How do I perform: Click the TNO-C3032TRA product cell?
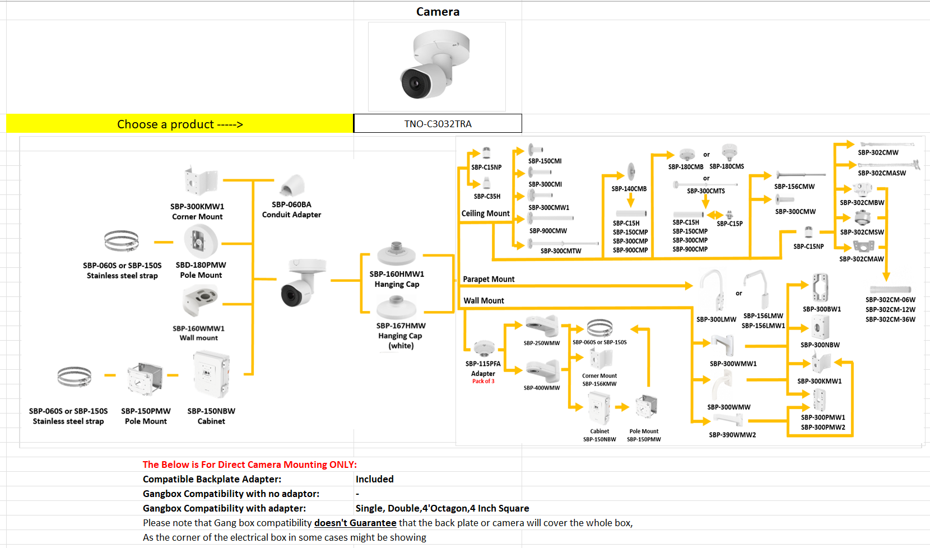pos(438,124)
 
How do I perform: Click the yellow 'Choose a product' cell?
pos(180,124)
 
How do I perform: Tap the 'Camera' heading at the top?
pos(438,12)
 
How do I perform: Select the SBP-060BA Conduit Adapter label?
pos(291,210)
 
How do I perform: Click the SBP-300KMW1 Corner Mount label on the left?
pos(197,211)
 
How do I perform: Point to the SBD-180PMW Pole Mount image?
pos(200,242)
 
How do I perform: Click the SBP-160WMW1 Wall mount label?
pos(198,333)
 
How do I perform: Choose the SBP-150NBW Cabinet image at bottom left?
pos(211,374)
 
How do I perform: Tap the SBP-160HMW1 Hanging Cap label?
pos(397,279)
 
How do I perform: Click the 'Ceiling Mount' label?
pos(485,213)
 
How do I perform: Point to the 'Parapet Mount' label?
pos(489,279)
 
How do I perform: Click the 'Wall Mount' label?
pos(483,301)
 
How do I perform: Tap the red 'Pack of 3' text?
pos(483,382)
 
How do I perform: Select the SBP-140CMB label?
pos(629,189)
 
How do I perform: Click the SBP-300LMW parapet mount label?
pos(716,319)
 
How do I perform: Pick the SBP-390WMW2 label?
pos(732,435)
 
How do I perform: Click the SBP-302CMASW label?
pos(881,173)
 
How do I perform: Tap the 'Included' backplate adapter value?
pos(374,479)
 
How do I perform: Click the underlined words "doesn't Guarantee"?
pos(355,523)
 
